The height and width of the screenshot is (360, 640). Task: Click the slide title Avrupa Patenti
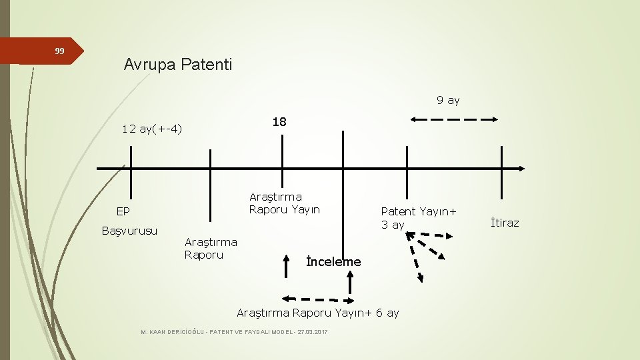[178, 65]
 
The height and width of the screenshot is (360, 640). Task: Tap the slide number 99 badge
[59, 51]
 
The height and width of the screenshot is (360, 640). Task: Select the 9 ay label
[448, 100]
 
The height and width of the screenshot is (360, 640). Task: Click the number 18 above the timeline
[279, 122]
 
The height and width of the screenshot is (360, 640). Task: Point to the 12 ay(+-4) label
[152, 129]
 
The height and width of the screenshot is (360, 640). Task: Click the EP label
[123, 212]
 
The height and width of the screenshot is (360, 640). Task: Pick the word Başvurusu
[129, 231]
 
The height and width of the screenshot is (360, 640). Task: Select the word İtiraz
[504, 223]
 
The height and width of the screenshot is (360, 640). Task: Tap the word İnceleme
[333, 262]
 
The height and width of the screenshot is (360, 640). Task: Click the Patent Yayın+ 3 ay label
[419, 218]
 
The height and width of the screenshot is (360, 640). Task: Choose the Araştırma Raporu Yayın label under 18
[284, 203]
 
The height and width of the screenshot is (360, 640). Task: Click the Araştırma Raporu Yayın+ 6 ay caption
[318, 313]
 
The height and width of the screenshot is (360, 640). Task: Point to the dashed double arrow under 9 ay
[454, 119]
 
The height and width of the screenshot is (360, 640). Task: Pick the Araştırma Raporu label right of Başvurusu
[210, 248]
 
